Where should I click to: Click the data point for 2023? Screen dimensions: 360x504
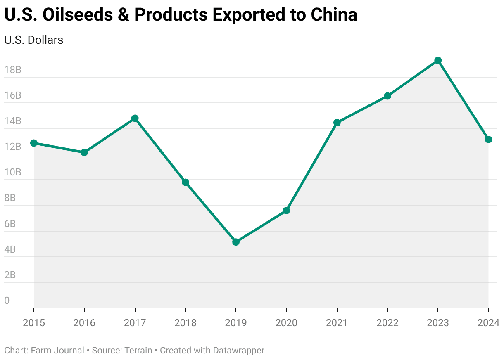pos(438,60)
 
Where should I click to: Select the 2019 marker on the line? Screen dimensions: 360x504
pos(236,242)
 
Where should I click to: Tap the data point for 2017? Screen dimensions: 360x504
pos(135,118)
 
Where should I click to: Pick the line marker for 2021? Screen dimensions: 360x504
pos(337,123)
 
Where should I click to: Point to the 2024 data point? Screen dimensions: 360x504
pos(488,140)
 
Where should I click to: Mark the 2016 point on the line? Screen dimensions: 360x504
pos(84,152)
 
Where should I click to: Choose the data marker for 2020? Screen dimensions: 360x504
pos(286,211)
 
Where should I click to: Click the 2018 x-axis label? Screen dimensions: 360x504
pos(185,323)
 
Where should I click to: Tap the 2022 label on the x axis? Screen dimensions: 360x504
pos(387,323)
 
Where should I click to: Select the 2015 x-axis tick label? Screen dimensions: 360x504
pos(34,323)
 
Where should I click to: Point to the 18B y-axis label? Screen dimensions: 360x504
pos(12,70)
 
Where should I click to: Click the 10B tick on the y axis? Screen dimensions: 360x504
pos(12,172)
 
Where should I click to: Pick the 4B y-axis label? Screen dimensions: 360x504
pos(10,249)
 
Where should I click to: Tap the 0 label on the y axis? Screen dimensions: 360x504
pos(7,301)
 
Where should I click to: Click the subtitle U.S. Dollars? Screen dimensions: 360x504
pos(33,40)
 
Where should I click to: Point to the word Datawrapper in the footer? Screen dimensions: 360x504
pos(238,351)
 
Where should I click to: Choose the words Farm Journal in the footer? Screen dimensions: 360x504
pos(57,351)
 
